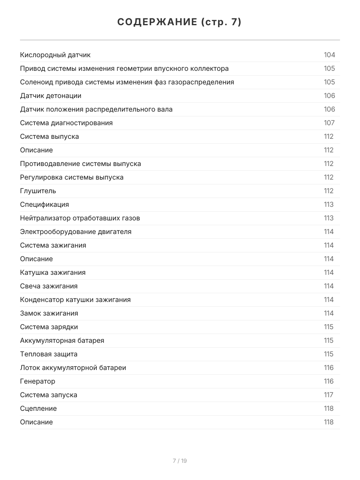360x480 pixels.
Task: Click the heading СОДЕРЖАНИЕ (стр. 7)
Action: (x=180, y=22)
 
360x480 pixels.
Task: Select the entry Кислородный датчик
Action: (x=55, y=55)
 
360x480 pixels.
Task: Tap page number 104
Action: (x=329, y=55)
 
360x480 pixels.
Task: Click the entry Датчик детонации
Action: (x=51, y=96)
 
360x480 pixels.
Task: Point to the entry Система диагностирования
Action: (x=66, y=123)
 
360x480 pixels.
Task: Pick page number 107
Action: (x=329, y=123)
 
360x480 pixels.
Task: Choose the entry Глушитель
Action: (x=38, y=191)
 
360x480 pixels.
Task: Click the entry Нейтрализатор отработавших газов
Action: (x=80, y=218)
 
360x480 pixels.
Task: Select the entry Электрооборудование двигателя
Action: (x=76, y=232)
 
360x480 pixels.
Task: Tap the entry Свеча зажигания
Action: (x=49, y=286)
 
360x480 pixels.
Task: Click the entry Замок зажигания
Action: (x=49, y=314)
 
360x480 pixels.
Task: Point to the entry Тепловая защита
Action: (x=49, y=354)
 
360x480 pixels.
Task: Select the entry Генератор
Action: (x=38, y=382)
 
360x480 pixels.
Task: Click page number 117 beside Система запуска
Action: (x=328, y=395)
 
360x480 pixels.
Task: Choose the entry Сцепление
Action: (x=38, y=409)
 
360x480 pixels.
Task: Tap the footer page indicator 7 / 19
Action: (x=180, y=461)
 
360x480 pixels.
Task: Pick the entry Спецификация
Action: (x=44, y=205)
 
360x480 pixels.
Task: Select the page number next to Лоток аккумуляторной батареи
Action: (x=328, y=368)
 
